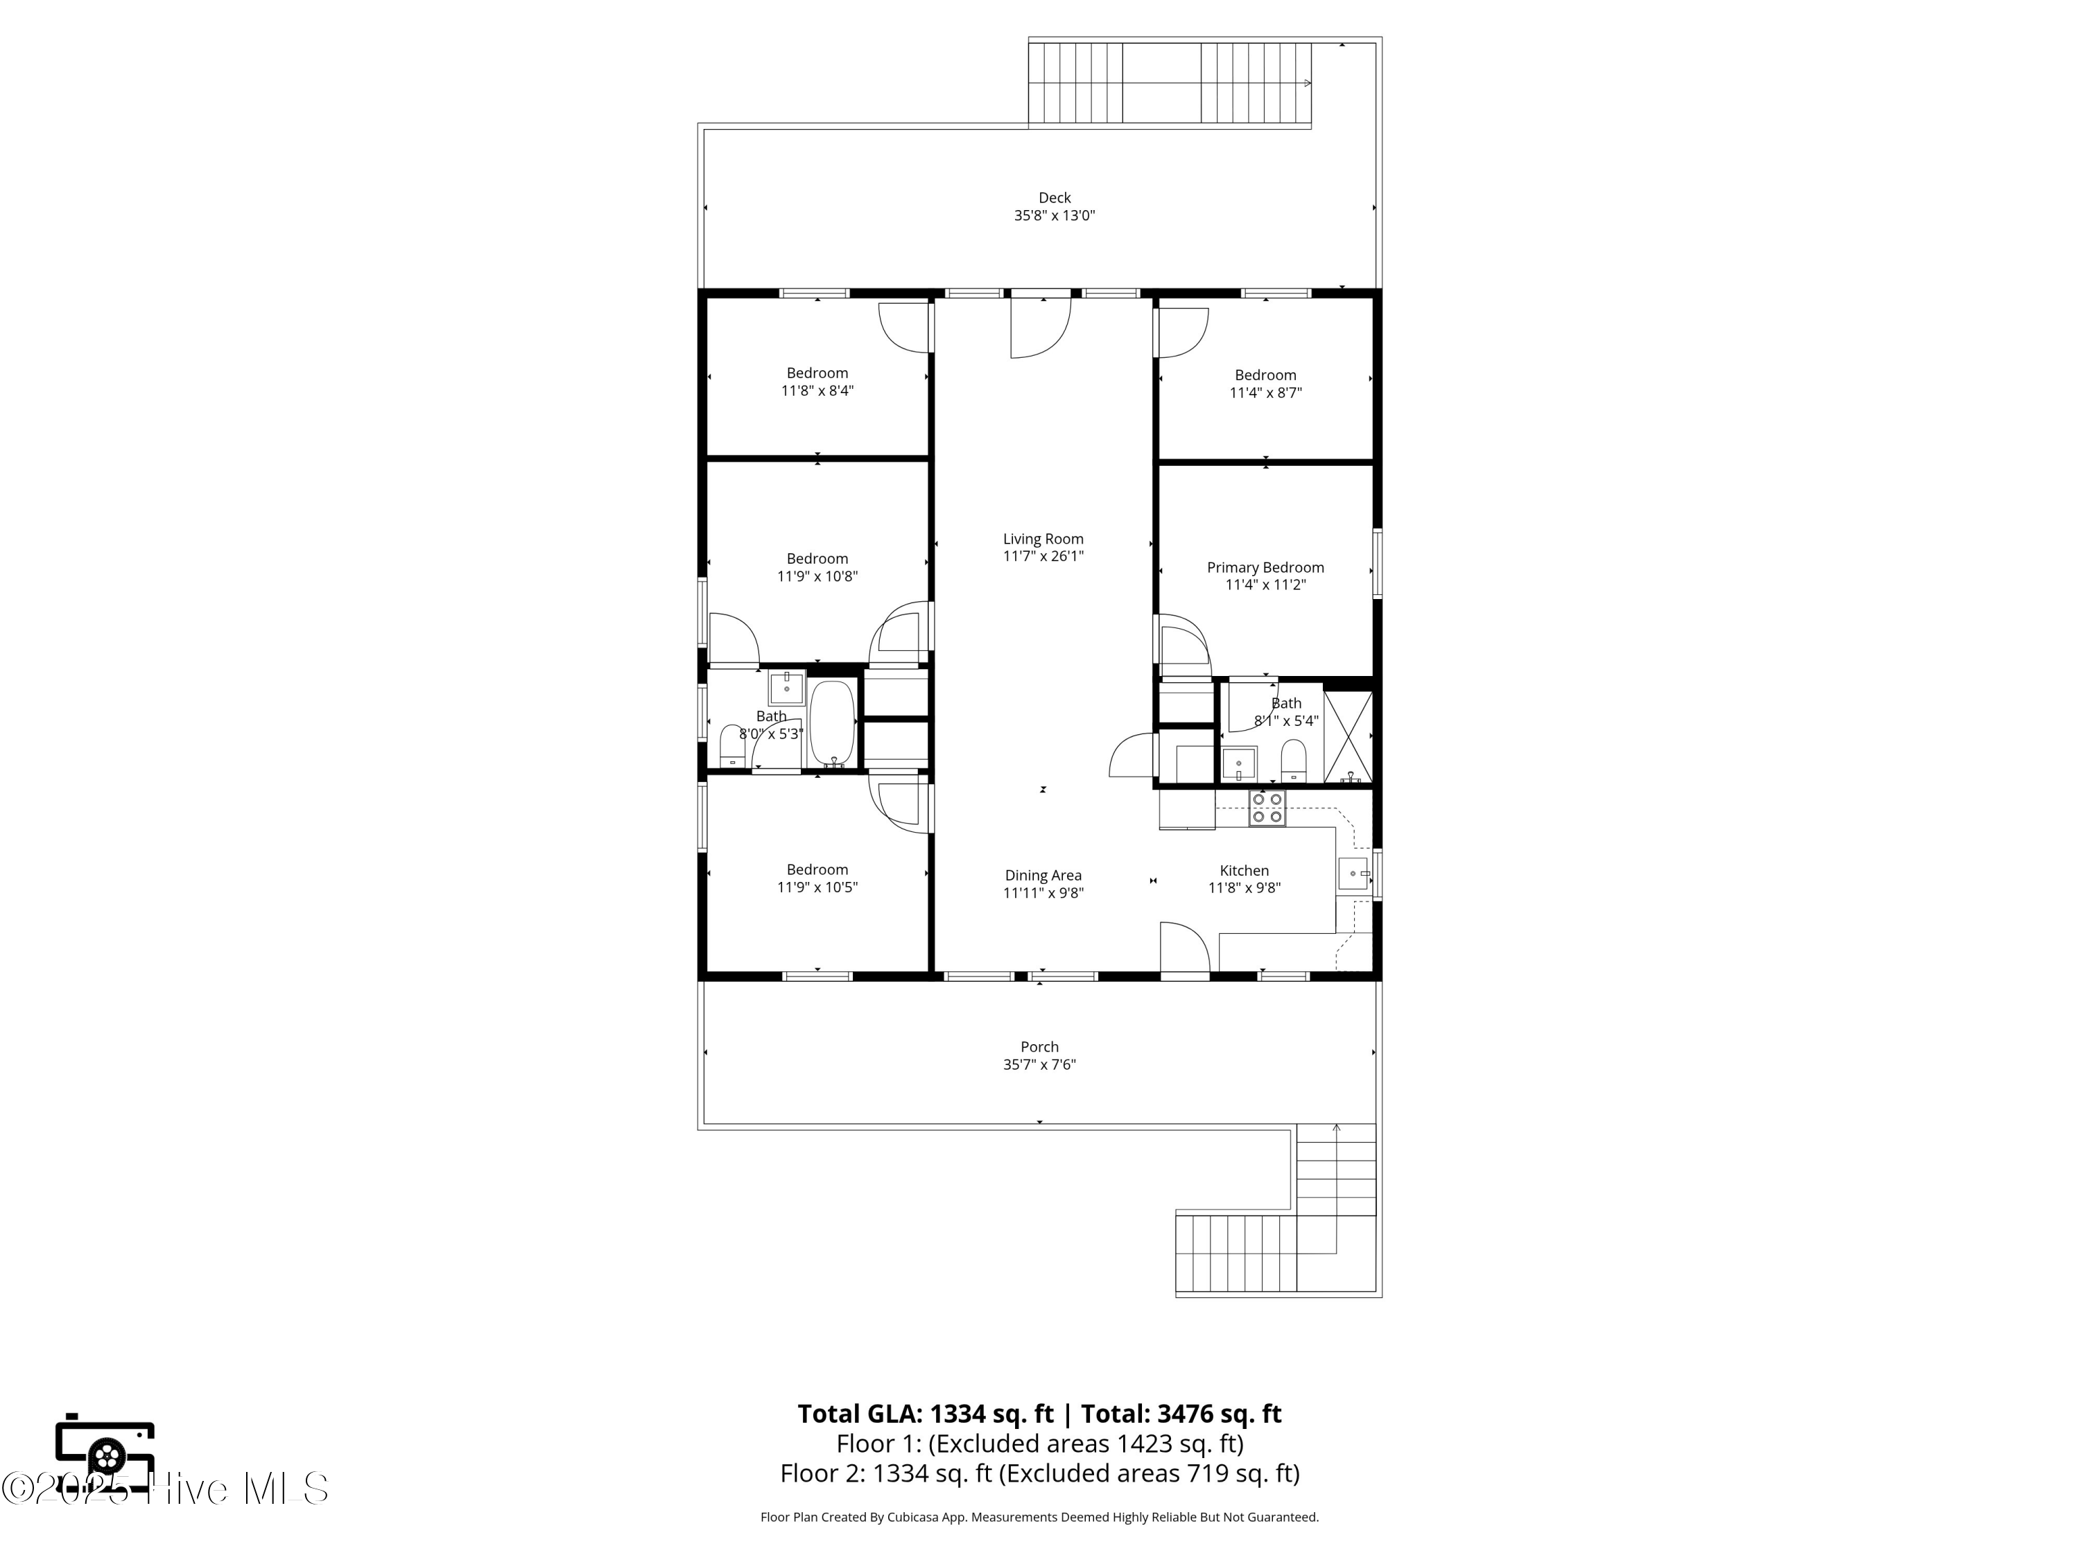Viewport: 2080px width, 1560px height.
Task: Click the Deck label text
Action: [x=1054, y=198]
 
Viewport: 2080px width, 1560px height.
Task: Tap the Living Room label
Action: [x=1043, y=539]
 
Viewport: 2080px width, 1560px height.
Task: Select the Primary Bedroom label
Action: [x=1265, y=567]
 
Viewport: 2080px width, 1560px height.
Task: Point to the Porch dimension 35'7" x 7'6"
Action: [x=1039, y=1064]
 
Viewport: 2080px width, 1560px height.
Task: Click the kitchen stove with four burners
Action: [x=1267, y=808]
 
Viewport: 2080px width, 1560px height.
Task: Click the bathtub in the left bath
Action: [x=832, y=722]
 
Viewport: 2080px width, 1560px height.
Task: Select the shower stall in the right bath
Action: [x=1347, y=737]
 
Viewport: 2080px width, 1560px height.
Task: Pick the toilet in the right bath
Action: [x=1294, y=760]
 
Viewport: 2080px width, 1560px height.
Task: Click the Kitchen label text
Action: [x=1244, y=871]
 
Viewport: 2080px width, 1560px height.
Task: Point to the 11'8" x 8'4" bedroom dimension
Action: [x=817, y=391]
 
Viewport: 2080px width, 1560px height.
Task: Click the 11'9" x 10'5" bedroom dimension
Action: [x=817, y=887]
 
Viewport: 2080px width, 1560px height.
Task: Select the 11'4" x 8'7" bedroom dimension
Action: [x=1265, y=393]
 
